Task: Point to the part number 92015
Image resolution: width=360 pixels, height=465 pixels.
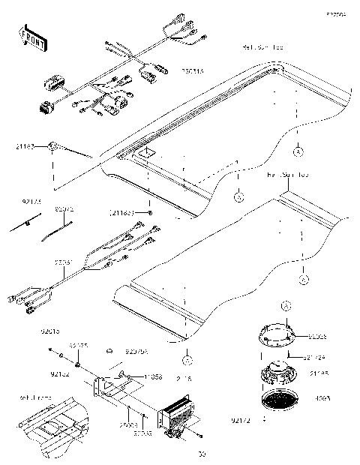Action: [50, 331]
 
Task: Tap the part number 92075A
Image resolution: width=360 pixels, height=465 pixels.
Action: [137, 351]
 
